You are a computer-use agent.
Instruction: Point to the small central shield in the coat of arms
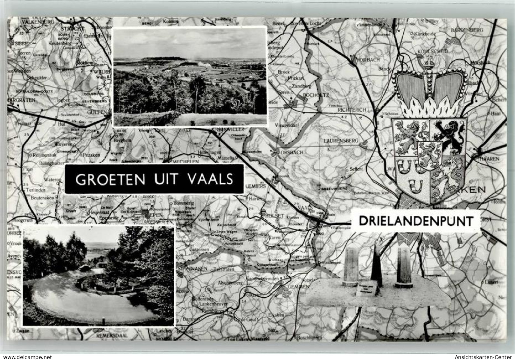[429, 154]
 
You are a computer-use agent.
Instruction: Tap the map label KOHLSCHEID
[432, 51]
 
